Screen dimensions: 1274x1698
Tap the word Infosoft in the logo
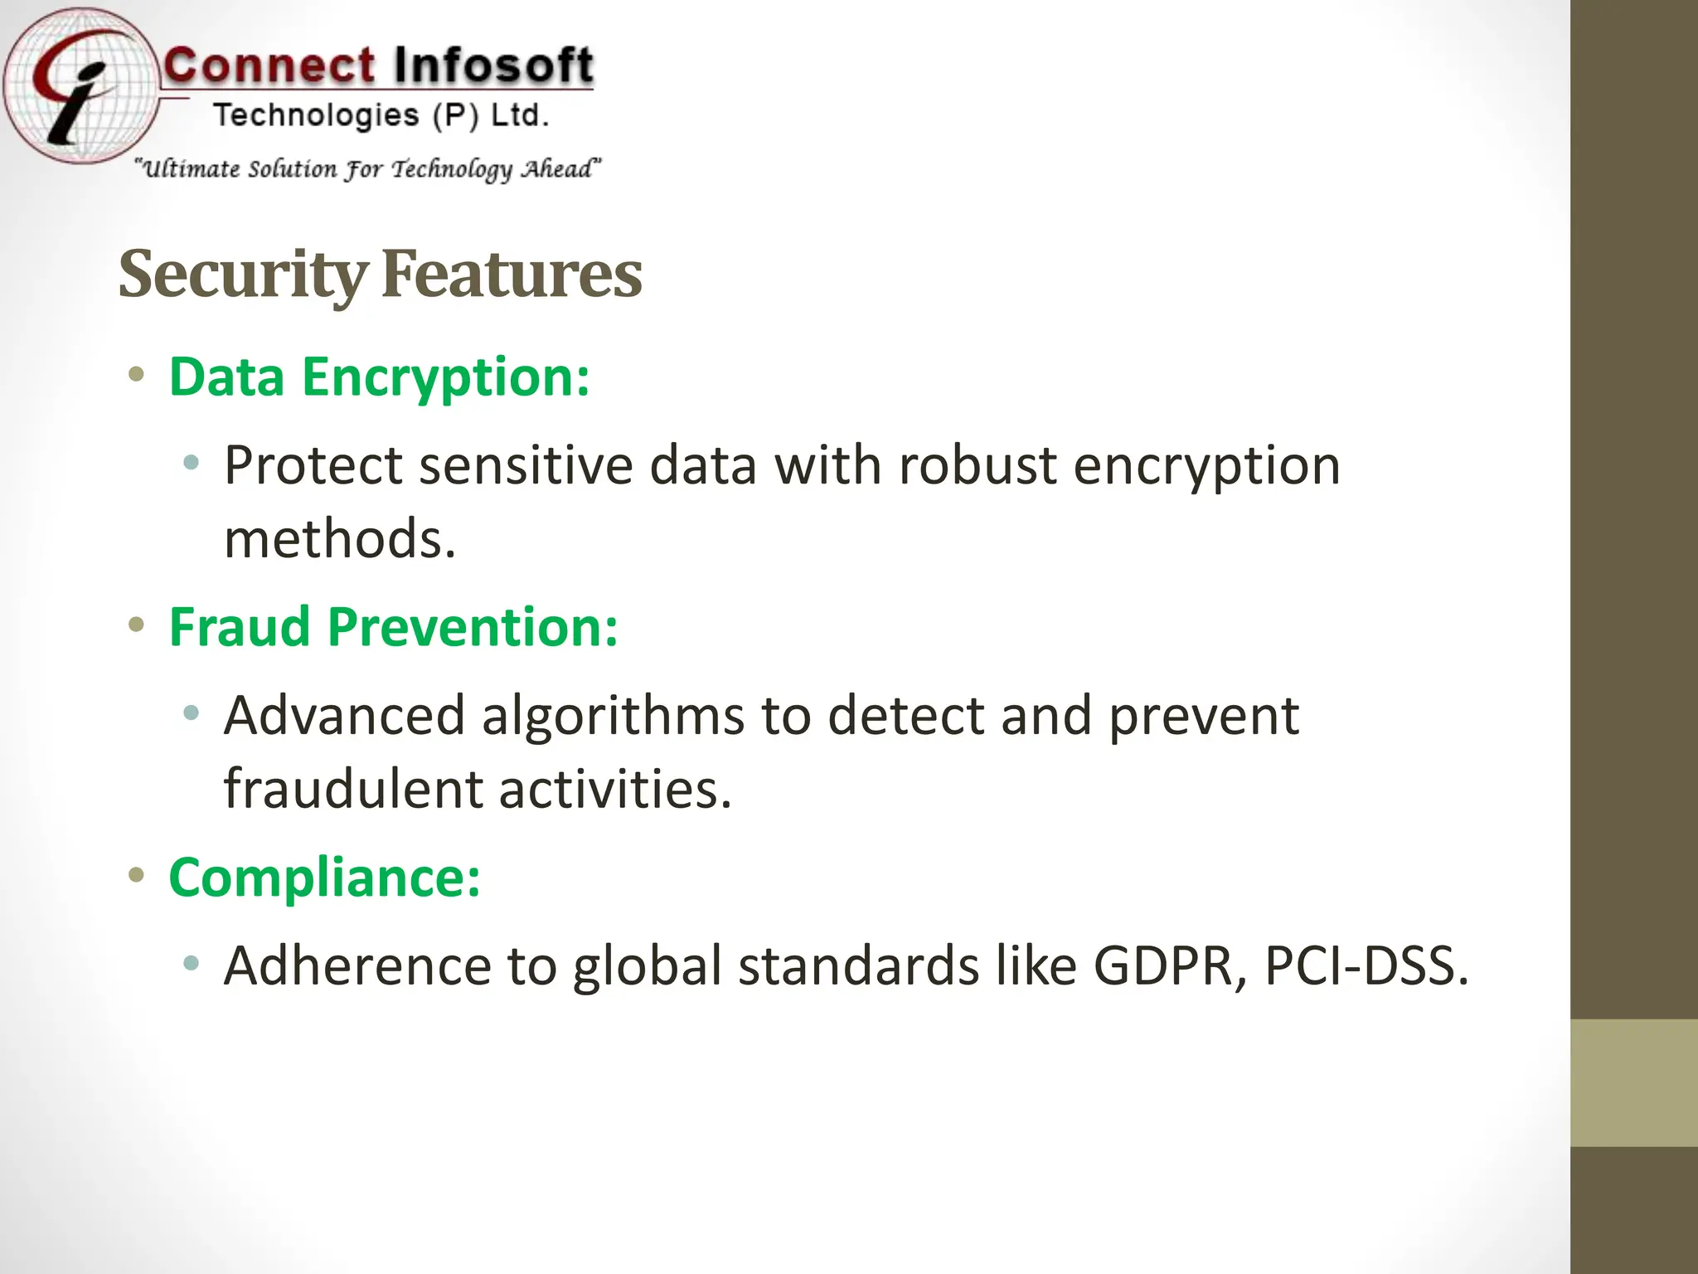click(492, 66)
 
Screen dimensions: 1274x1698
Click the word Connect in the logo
click(269, 66)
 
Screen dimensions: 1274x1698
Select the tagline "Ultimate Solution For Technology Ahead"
click(368, 169)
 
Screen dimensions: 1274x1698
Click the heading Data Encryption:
click(379, 377)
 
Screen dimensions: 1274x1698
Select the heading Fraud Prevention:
click(393, 627)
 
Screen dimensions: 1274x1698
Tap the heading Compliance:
click(324, 877)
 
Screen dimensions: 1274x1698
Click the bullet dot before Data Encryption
click(137, 375)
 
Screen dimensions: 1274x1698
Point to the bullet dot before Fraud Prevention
click(137, 625)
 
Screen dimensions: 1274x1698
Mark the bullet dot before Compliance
click(137, 874)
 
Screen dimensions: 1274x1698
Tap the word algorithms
click(613, 715)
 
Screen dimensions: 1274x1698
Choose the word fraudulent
click(352, 789)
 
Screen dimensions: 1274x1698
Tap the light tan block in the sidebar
click(1634, 1083)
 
